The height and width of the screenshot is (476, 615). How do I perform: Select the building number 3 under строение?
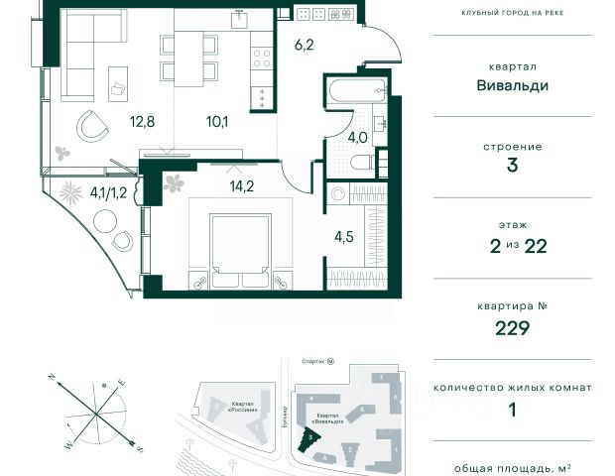[512, 166]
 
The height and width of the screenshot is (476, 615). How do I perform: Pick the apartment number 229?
[512, 328]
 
